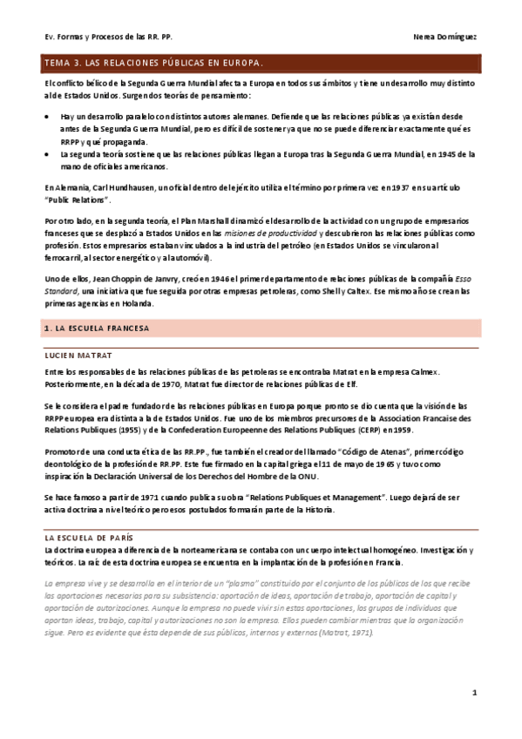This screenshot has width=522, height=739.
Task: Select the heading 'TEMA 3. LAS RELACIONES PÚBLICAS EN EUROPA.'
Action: [x=153, y=64]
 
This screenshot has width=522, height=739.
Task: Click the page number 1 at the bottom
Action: [x=475, y=693]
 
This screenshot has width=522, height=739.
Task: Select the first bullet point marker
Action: [x=48, y=116]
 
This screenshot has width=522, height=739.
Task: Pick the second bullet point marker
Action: [x=48, y=153]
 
